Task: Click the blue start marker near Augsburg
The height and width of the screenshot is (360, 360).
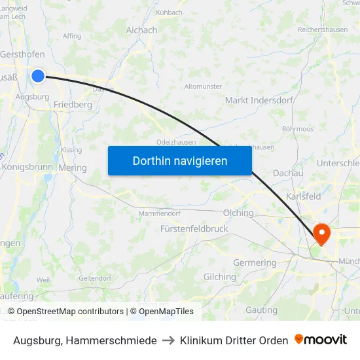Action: point(38,76)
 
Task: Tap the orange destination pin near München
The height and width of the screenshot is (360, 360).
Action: point(322,233)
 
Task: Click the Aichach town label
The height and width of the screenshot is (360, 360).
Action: point(141,30)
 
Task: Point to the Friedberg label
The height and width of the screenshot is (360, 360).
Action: point(73,105)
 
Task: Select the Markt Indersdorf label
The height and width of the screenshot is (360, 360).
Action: point(255,100)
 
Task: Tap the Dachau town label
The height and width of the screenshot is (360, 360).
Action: point(288,173)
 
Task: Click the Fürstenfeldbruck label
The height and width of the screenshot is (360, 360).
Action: point(194,229)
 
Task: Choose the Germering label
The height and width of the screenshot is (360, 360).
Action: point(255,262)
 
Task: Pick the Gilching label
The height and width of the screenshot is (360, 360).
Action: point(219,277)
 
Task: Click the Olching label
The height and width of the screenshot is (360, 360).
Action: point(238,213)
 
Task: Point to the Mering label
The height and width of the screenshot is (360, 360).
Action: point(73,168)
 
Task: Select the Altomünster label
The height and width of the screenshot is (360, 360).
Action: point(203,86)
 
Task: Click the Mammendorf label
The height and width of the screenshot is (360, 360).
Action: point(158,213)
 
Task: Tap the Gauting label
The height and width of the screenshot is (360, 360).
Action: point(261,310)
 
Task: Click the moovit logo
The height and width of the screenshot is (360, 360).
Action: point(320,340)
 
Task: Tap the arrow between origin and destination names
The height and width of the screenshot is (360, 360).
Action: point(168,340)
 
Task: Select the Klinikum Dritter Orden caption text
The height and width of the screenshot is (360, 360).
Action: point(234,340)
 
